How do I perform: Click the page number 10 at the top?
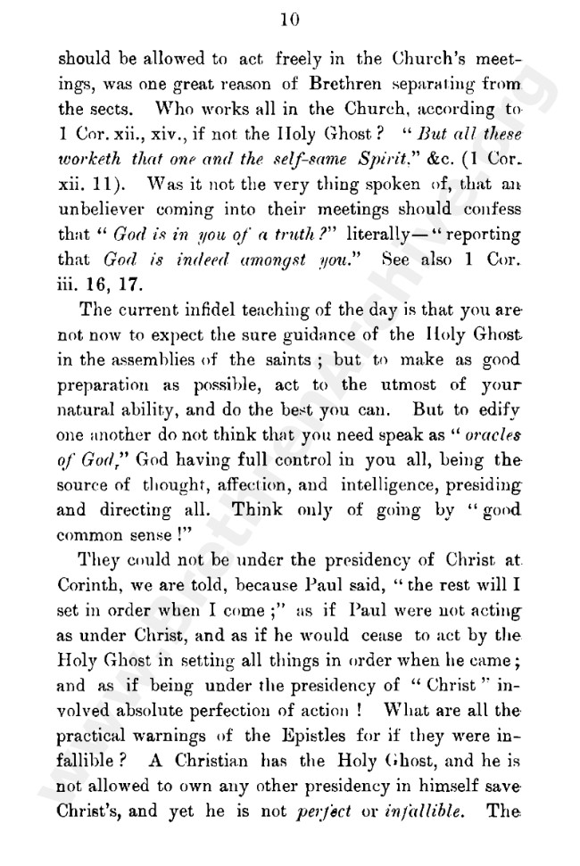pyautogui.click(x=289, y=20)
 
